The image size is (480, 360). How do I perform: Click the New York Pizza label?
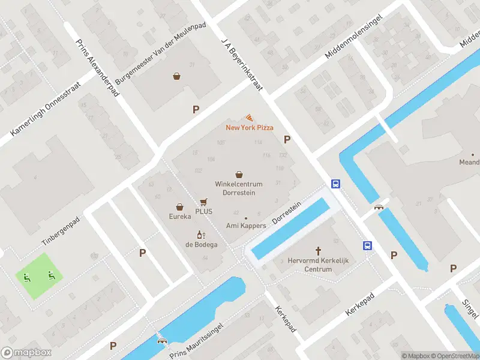(x=250, y=127)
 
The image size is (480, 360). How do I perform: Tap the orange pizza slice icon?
(x=249, y=118)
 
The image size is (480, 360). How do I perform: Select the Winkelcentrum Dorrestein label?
(x=239, y=188)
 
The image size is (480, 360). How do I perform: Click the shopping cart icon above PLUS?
(x=204, y=202)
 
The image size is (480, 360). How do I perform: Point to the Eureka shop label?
(x=179, y=216)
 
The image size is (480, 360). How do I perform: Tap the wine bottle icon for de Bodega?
(x=201, y=235)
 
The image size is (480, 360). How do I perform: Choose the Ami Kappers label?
(x=245, y=226)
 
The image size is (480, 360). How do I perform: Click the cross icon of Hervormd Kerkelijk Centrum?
(x=318, y=251)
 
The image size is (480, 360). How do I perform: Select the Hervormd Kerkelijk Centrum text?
(x=318, y=265)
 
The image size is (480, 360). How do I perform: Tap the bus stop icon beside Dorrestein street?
(x=336, y=184)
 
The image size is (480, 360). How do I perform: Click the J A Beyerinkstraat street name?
(x=242, y=61)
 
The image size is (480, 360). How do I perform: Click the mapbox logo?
(x=26, y=352)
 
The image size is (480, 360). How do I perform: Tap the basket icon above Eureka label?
(x=179, y=206)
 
